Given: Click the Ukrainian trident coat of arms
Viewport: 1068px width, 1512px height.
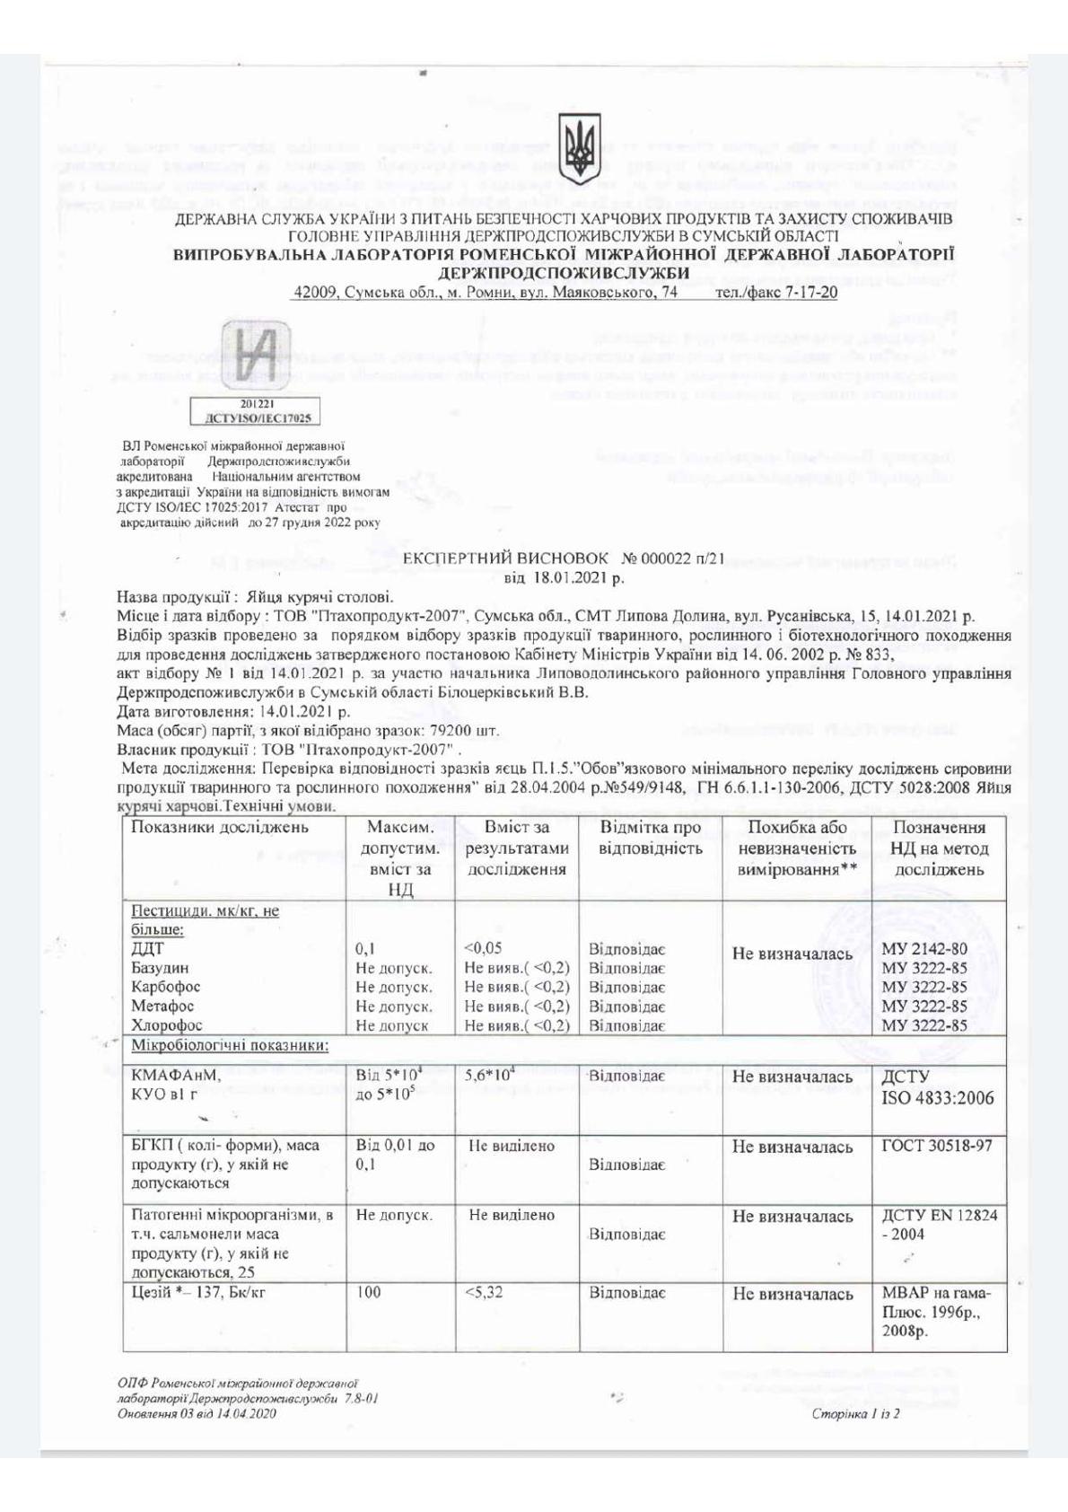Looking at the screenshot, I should (578, 145).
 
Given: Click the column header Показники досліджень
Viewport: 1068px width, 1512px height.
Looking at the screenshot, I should (219, 828).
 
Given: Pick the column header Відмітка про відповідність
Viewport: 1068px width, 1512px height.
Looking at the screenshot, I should (650, 838).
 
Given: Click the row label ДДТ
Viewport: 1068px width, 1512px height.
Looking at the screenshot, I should (147, 948).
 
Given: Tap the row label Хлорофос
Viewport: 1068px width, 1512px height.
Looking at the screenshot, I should (167, 1024).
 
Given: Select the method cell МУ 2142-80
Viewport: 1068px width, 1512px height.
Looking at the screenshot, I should (924, 949).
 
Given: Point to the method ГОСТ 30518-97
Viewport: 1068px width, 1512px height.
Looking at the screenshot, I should (937, 1146).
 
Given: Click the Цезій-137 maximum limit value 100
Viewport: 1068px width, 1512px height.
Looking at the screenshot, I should (368, 1293).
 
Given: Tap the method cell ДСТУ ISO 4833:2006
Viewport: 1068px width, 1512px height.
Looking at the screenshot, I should (937, 1086).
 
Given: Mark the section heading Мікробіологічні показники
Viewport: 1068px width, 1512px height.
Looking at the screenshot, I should (230, 1045).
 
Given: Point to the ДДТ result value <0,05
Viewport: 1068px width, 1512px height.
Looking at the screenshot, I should (483, 948).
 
